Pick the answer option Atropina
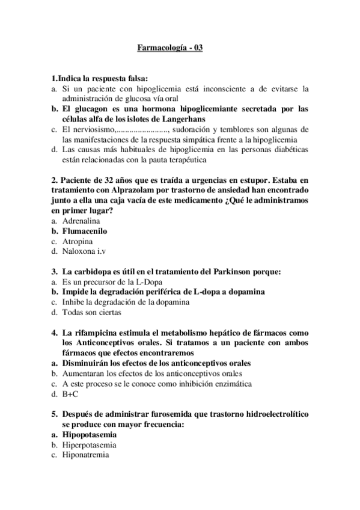pyautogui.click(x=77, y=241)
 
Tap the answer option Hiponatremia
pyautogui.click(x=85, y=455)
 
